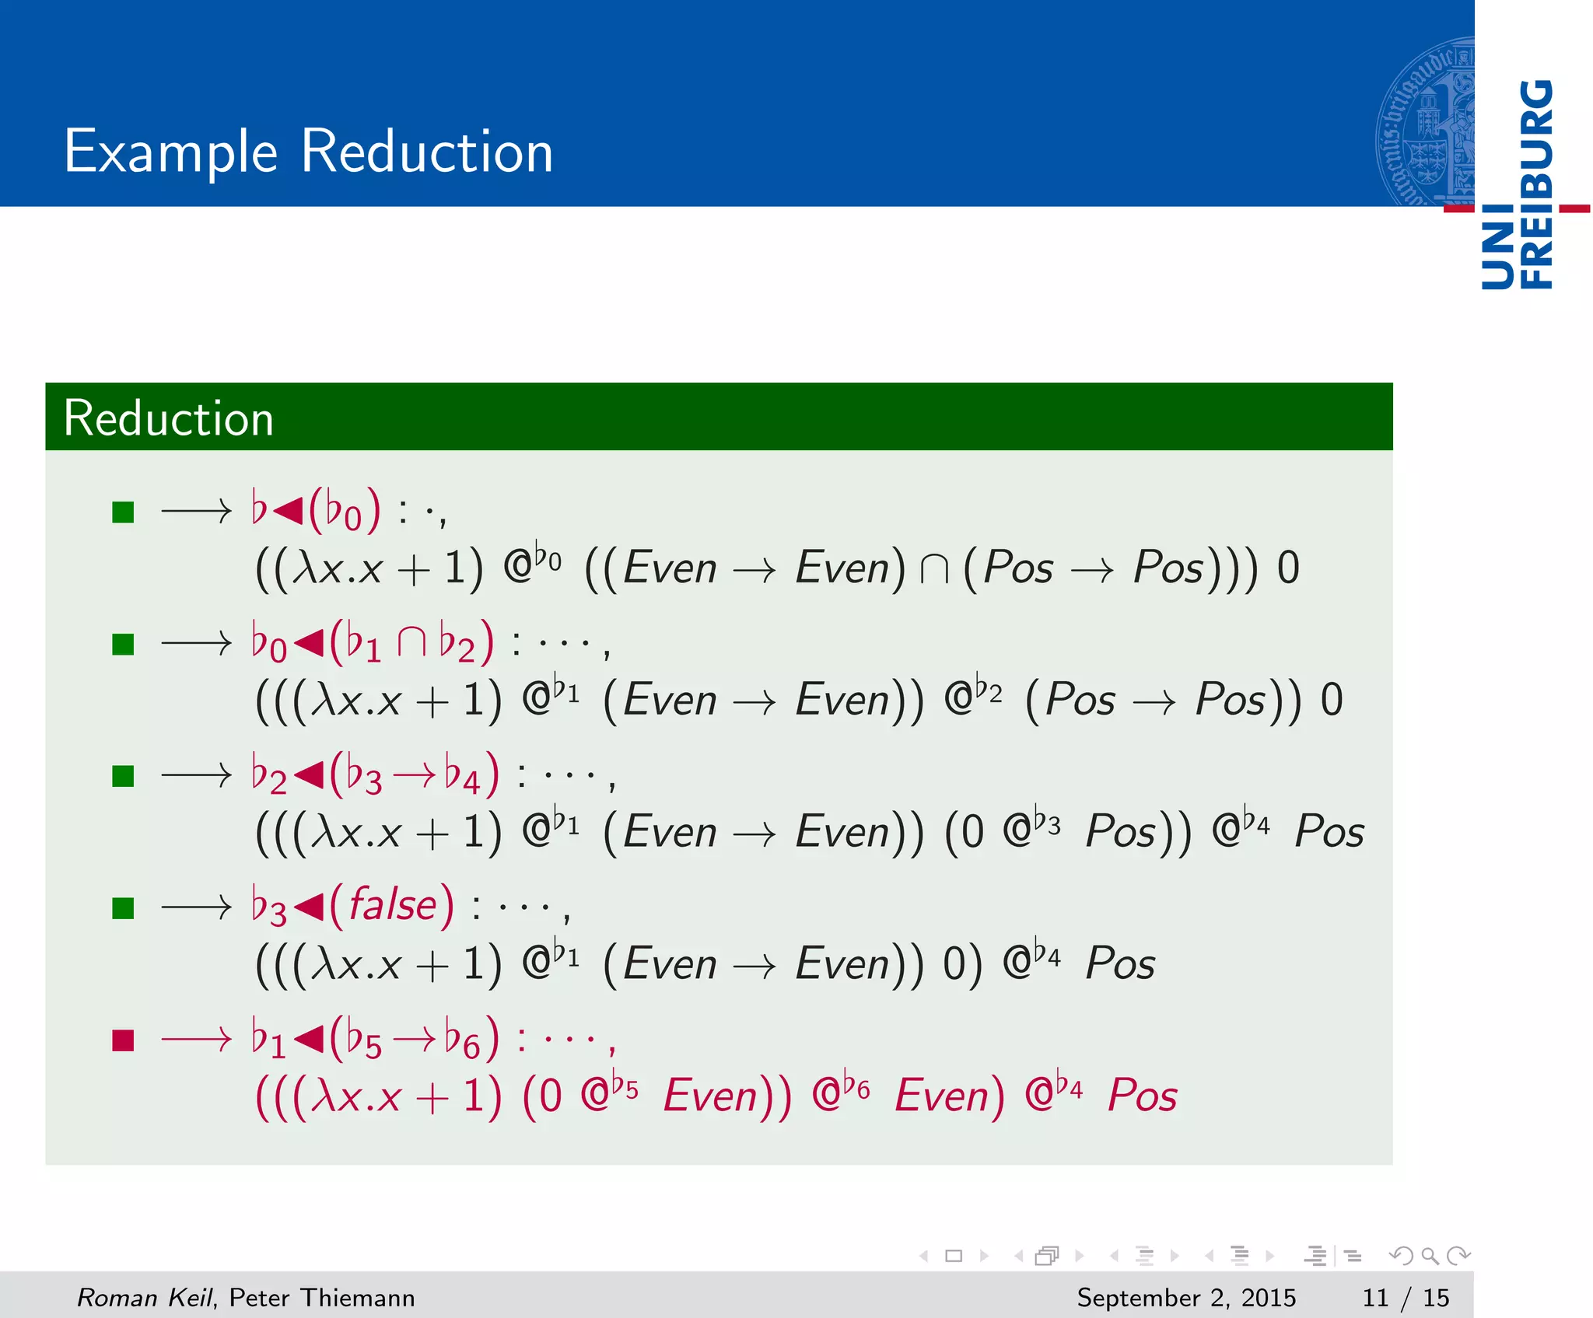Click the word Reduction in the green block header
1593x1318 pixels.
click(x=168, y=418)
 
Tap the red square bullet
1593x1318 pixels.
click(x=123, y=1040)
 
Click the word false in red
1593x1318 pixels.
click(x=393, y=905)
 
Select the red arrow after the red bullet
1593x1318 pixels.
click(x=196, y=1040)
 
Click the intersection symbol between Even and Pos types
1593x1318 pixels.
click(x=934, y=568)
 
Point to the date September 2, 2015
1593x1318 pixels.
click(x=1185, y=1298)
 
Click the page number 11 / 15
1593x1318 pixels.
click(x=1406, y=1298)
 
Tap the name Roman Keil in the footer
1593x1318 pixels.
click(x=145, y=1298)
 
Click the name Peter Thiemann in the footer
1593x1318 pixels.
click(x=322, y=1298)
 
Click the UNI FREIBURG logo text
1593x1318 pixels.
click(x=1518, y=185)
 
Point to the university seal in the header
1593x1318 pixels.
click(x=1425, y=122)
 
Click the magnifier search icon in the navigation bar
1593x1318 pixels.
click(x=1430, y=1256)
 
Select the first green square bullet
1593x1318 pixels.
click(x=123, y=512)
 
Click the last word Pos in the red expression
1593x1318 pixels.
click(x=1142, y=1096)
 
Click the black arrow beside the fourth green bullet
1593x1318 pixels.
click(x=196, y=907)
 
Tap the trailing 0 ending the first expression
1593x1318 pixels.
click(x=1288, y=568)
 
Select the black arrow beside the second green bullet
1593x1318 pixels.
click(x=196, y=644)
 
